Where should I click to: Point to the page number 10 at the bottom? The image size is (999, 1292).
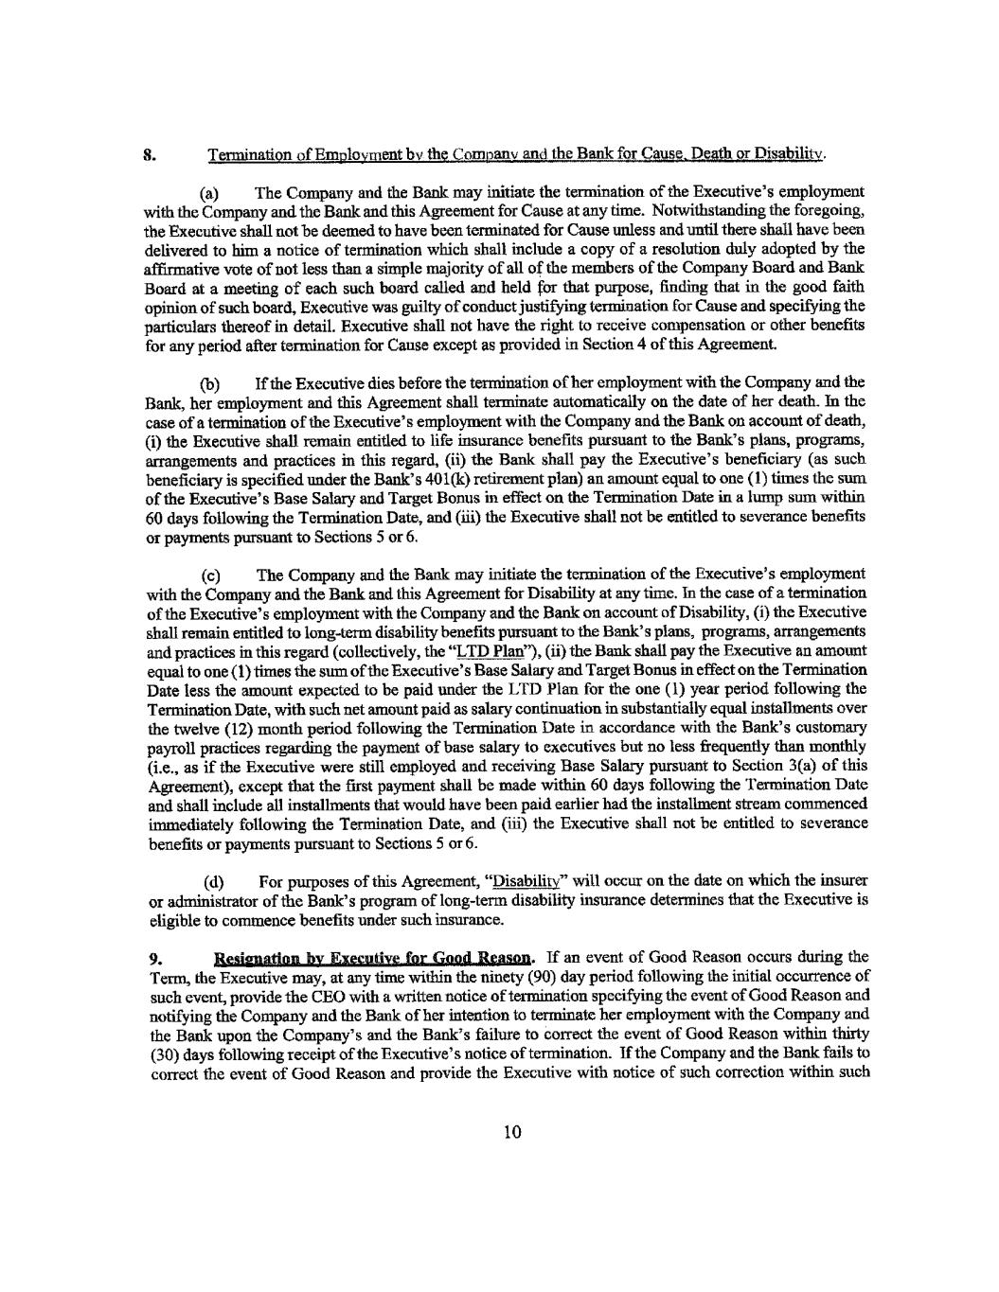tap(513, 1133)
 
